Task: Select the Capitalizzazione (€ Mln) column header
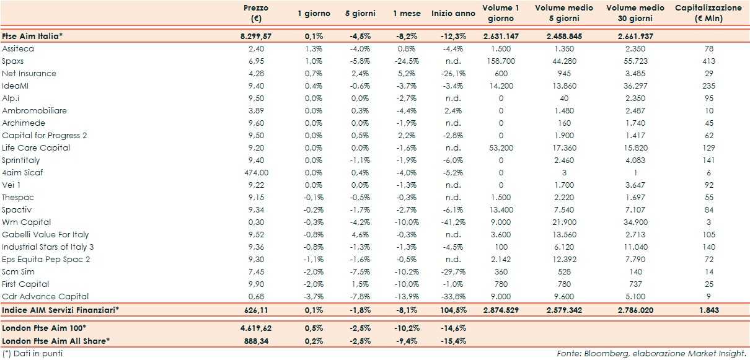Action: point(707,13)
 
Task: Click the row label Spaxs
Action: point(13,61)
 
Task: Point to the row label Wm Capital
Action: point(27,222)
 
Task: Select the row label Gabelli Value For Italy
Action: point(45,234)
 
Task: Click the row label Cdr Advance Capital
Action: point(45,296)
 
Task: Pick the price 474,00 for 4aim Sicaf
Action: point(256,172)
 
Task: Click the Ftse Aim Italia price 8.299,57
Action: point(255,36)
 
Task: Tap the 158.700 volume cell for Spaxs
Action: point(501,61)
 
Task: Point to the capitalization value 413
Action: point(708,61)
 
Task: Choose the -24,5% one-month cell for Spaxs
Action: point(406,61)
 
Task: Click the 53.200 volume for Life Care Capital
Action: point(501,147)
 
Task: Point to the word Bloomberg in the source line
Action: point(613,353)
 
